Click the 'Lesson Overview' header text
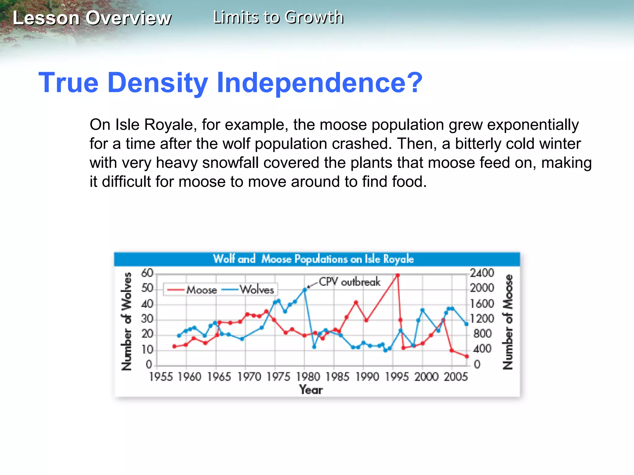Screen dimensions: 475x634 tap(92, 18)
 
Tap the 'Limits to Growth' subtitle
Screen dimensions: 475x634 tap(278, 17)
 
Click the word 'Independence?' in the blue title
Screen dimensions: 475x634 tap(319, 83)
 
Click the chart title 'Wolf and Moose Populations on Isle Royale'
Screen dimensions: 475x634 tap(313, 259)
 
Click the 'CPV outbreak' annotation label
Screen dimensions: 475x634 tap(350, 282)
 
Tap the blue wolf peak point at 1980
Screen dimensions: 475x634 tap(305, 290)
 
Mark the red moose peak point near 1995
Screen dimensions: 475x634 tap(397, 275)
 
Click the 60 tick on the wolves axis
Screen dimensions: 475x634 tap(147, 273)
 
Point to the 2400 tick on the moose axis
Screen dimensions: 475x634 tap(482, 273)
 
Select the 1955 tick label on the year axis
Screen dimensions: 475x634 tap(161, 377)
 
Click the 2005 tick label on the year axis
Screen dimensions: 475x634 tap(456, 377)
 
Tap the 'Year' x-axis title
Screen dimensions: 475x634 tap(311, 390)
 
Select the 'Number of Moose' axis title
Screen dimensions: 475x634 tap(507, 322)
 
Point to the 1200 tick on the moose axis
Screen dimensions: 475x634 tap(482, 319)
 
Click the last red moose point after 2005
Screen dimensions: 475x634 tap(467, 356)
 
